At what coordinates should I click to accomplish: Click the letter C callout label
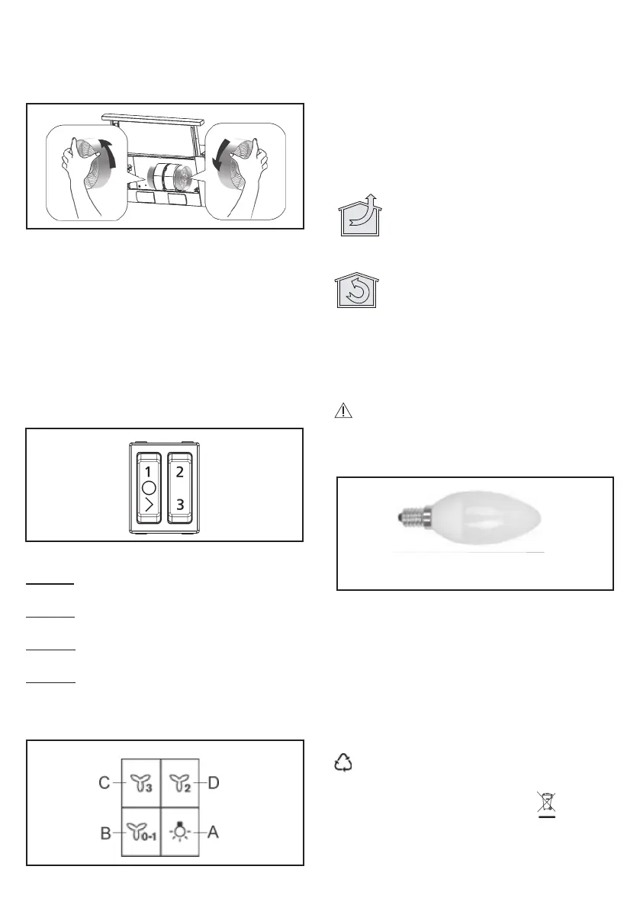coord(105,783)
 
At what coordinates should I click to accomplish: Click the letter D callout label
coord(213,783)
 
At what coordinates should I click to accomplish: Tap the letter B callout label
coord(105,833)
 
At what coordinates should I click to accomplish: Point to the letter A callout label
coord(213,832)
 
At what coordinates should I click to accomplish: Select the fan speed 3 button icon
coord(141,784)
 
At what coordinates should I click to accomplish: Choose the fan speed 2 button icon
coord(180,784)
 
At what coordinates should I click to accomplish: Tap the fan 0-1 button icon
coord(141,833)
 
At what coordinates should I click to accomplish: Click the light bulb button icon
coord(179,832)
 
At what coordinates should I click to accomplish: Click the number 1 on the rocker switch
coord(148,473)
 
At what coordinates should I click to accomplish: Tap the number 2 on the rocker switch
coord(179,472)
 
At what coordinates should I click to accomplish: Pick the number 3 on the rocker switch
coord(179,505)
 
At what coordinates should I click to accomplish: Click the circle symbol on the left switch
coord(149,488)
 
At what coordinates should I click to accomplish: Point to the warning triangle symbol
coord(343,411)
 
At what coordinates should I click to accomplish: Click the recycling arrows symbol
coord(343,762)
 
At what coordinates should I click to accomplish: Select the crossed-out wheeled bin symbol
coord(547,804)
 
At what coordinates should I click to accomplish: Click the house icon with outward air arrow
coord(360,216)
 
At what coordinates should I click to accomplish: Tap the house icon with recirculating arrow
coord(357,290)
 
